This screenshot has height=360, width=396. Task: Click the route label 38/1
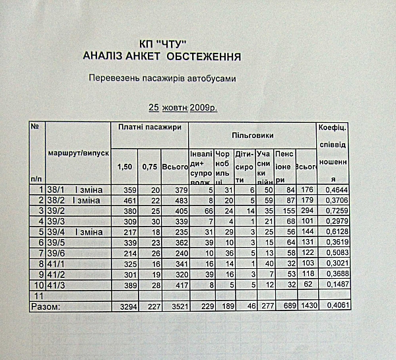pos(56,190)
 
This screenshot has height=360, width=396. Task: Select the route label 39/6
pos(56,252)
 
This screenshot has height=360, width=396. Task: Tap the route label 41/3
pos(56,285)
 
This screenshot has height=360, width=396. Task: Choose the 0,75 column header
pos(149,166)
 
